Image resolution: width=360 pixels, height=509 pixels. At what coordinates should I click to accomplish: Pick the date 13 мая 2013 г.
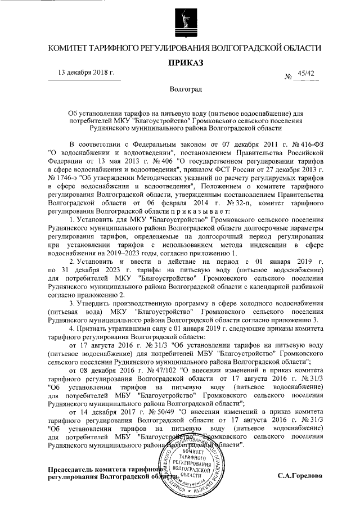click(120, 159)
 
